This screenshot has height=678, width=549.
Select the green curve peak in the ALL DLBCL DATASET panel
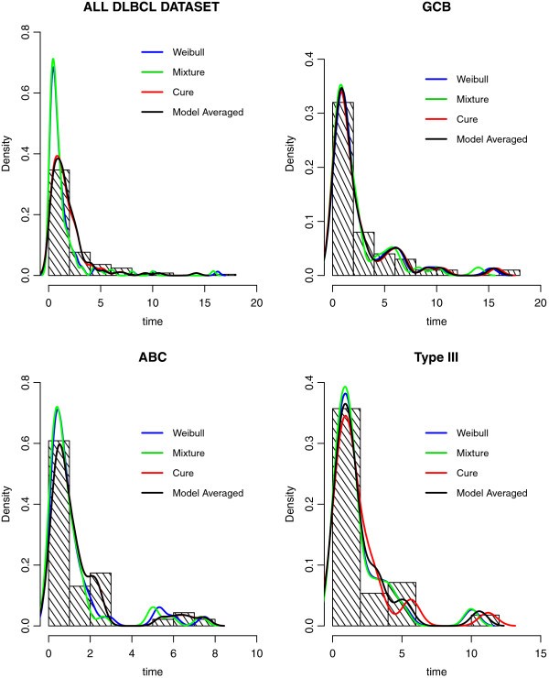click(54, 60)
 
